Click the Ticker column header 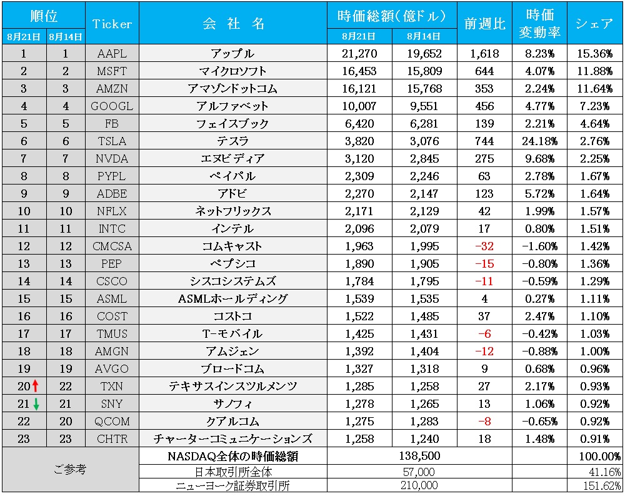click(112, 24)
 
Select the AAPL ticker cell click(112, 54)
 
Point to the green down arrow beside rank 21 click(36, 404)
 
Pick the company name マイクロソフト click(232, 71)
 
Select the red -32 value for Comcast click(484, 246)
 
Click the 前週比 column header click(484, 24)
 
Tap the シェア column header click(594, 24)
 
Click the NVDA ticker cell click(112, 159)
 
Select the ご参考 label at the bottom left click(69, 469)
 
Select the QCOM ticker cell click(112, 422)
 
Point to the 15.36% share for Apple click(594, 54)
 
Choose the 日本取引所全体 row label click(232, 471)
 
